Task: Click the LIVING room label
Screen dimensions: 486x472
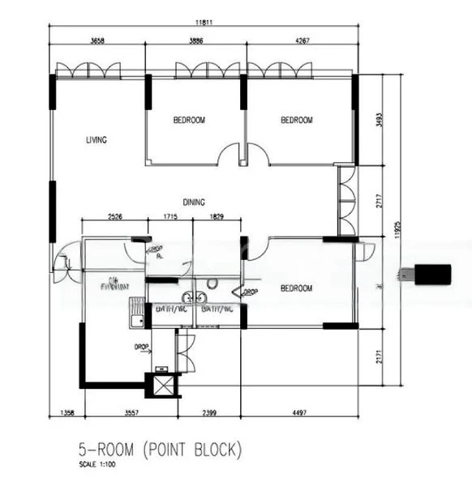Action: coord(97,140)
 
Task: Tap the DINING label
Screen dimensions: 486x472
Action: coord(193,202)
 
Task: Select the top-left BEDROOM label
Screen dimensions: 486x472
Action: coord(189,120)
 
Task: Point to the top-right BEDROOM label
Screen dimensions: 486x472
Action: coord(296,120)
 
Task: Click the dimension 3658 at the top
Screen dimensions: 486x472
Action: coord(97,40)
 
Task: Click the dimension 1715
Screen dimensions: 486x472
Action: coord(169,217)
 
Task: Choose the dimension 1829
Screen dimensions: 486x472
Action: coord(217,217)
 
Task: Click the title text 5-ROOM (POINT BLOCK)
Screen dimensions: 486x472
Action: coord(160,448)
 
